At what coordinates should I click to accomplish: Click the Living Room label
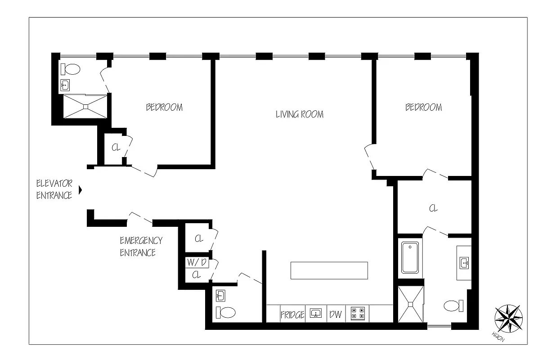pos(299,114)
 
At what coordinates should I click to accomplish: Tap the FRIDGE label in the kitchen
pos(292,314)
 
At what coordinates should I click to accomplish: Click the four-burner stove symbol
pos(358,313)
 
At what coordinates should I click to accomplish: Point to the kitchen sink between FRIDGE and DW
pos(316,313)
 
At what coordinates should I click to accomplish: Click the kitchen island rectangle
pos(329,270)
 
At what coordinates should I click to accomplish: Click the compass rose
pos(508,318)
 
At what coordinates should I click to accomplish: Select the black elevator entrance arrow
pos(81,190)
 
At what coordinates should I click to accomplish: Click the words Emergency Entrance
pos(140,246)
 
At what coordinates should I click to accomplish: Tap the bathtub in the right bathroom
pos(410,257)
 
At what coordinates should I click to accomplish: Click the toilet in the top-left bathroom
pos(71,70)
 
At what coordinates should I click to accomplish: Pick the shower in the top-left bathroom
pos(85,106)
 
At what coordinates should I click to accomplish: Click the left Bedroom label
pos(164,107)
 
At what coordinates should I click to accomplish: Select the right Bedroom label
pos(423,107)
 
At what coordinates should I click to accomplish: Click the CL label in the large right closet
pos(433,208)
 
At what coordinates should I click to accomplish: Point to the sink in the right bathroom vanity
pos(464,262)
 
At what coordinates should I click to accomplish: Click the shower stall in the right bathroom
pos(411,304)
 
